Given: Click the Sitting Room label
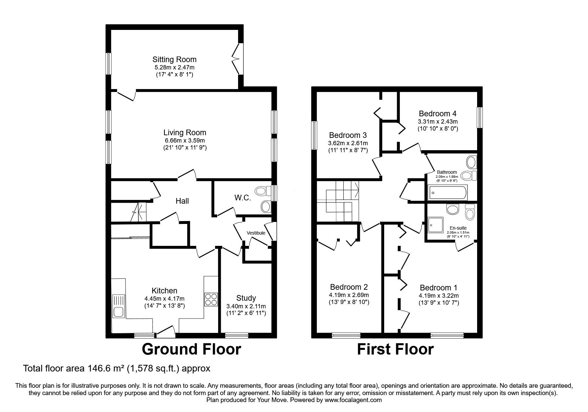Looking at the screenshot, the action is coord(174,59).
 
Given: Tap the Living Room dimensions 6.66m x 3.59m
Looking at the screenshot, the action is coord(184,141).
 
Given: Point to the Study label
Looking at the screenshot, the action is coord(246,298).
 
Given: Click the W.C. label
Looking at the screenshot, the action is coord(242,198).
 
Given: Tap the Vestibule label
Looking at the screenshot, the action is coord(256,233).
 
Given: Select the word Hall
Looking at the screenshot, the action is coord(182,201).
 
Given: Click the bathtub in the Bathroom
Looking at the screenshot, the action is coord(448,193).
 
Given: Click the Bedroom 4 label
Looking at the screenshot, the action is coord(438,114).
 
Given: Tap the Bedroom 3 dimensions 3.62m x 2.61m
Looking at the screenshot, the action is coord(348,143).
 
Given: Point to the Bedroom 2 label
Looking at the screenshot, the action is coord(349,287).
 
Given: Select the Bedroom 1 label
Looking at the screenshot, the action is coord(439,288).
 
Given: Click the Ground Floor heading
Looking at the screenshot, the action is coord(191,350).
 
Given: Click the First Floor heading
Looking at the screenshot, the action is coord(395,350).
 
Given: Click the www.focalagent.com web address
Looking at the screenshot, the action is coord(353,400).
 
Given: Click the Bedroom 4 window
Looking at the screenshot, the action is coord(479,117).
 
